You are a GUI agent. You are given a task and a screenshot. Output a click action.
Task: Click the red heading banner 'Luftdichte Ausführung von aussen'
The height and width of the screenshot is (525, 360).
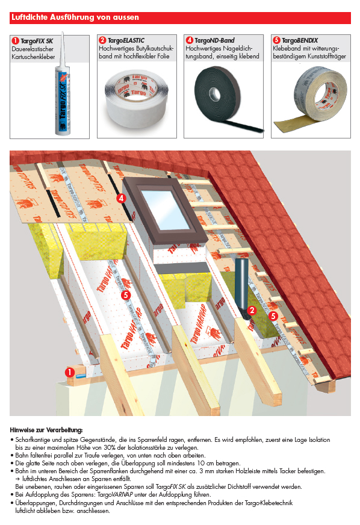(x=180, y=17)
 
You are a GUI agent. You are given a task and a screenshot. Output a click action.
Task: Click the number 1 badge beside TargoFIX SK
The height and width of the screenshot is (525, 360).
(x=16, y=41)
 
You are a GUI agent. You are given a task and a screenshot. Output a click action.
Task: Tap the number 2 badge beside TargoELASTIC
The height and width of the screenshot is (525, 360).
(x=102, y=40)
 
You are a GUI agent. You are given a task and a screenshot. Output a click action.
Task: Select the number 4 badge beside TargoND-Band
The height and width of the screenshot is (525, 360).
(x=190, y=40)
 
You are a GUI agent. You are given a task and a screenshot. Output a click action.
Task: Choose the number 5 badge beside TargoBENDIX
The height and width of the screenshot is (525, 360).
(x=276, y=40)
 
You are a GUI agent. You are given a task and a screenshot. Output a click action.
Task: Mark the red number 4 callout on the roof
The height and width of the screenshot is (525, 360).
(x=121, y=198)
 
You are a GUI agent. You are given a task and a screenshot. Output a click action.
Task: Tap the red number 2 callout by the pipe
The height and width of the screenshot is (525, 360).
(x=252, y=311)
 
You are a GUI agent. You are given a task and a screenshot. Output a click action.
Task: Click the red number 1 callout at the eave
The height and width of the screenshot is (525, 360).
(x=69, y=372)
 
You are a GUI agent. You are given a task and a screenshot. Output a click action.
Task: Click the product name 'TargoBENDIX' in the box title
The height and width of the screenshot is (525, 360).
(x=300, y=40)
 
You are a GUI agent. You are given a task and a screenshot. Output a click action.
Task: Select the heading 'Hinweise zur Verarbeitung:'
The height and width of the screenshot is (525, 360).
(x=46, y=430)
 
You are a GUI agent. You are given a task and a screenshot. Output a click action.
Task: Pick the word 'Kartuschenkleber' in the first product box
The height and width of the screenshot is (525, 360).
(x=33, y=57)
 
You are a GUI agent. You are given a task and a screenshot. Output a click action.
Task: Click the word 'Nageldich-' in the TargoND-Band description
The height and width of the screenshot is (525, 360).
(x=238, y=49)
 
